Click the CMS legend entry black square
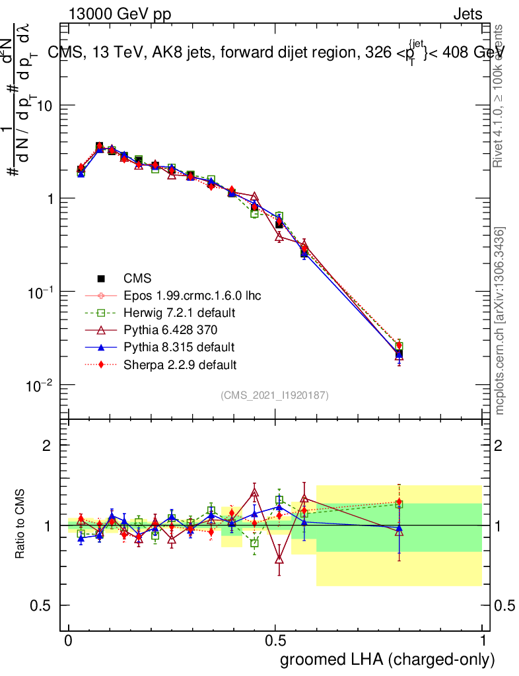coord(102,279)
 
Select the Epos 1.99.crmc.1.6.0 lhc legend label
coord(191,296)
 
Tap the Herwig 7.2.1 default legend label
coord(179,313)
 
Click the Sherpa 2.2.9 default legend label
coord(180,364)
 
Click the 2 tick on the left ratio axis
coord(47,446)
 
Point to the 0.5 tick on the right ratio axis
coord(504,605)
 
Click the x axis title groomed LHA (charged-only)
coord(388,659)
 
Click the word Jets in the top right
coord(467,15)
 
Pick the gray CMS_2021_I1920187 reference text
coord(275,395)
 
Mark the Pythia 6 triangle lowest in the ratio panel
coord(279,560)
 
